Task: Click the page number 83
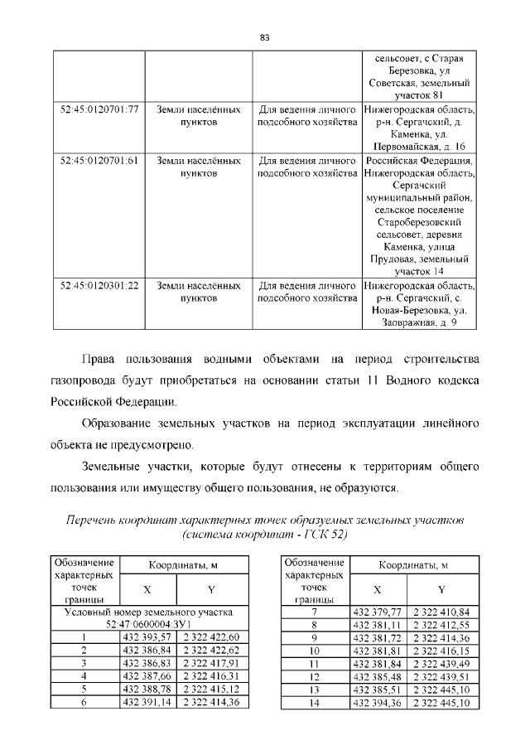coord(265,37)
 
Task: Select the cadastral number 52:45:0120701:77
coord(99,109)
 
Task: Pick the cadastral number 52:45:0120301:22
coord(99,285)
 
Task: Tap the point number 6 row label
coord(84,703)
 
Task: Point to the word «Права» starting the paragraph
coord(99,360)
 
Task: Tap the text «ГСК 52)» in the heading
coord(323,535)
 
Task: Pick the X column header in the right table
coord(377,589)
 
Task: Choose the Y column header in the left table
coord(210,589)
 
